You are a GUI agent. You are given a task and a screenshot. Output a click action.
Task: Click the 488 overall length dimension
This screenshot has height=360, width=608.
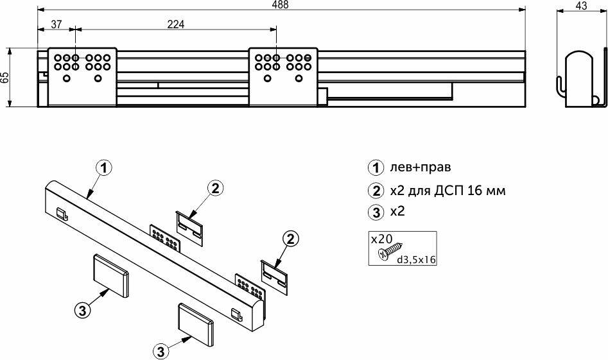(x=281, y=4)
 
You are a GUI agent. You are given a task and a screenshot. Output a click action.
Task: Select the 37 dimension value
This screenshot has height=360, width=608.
(x=56, y=24)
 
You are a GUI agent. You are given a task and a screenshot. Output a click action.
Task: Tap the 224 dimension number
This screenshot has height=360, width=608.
(x=176, y=24)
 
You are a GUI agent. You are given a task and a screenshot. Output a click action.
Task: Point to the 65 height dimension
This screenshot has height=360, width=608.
(x=4, y=77)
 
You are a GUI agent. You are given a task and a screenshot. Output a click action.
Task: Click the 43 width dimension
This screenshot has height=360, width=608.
(x=582, y=5)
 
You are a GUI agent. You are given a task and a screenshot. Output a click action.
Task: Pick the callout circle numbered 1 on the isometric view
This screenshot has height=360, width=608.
(x=104, y=168)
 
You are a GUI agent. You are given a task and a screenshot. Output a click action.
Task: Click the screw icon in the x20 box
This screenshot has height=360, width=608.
(x=390, y=251)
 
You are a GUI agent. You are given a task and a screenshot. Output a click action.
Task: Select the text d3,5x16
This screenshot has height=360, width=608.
(x=416, y=259)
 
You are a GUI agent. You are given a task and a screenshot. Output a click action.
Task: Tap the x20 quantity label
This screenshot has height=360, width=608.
(x=381, y=238)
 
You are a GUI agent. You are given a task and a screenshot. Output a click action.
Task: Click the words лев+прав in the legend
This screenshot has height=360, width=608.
(x=420, y=167)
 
